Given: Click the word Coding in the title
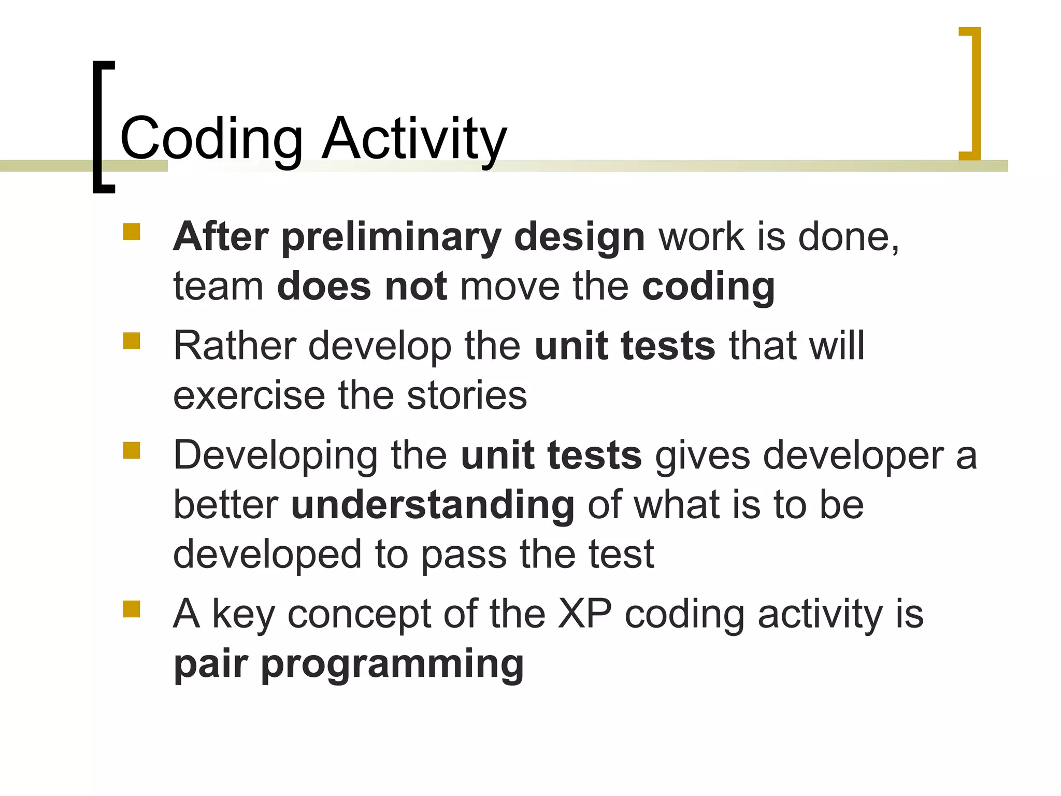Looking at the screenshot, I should tap(211, 139).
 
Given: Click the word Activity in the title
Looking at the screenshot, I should tap(413, 139).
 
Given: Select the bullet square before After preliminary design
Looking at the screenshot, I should tap(132, 232).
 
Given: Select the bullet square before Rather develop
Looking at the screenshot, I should tap(132, 341).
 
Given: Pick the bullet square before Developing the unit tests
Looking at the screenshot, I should tap(132, 450).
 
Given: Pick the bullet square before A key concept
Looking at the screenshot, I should tap(132, 609).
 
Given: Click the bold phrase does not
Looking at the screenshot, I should tap(362, 287).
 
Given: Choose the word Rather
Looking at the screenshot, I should tap(234, 346).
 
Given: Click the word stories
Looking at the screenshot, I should tap(466, 395).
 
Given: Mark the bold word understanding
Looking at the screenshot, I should tap(433, 505).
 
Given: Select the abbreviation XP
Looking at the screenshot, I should tap(584, 615).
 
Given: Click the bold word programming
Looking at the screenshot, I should tap(392, 665).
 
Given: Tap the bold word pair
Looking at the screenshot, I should tap(210, 665).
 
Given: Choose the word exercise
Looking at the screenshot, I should tap(249, 395).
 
